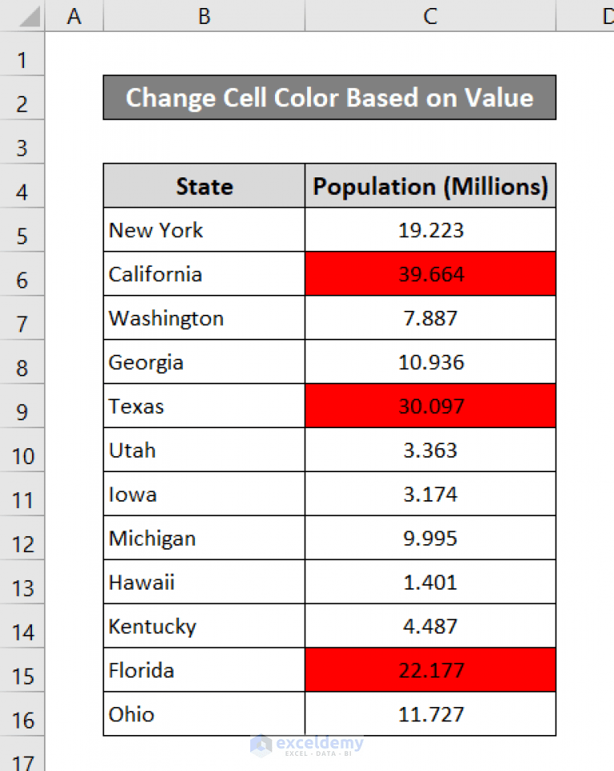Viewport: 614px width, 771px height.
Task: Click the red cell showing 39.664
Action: pyautogui.click(x=430, y=274)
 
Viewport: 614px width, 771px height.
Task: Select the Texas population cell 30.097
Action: pyautogui.click(x=430, y=406)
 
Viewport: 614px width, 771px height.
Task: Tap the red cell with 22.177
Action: pyautogui.click(x=430, y=670)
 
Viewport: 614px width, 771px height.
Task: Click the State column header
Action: pyautogui.click(x=204, y=186)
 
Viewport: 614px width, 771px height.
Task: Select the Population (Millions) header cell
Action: pyautogui.click(x=430, y=186)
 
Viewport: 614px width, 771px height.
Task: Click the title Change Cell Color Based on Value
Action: pyautogui.click(x=329, y=97)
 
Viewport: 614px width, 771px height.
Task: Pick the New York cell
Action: pyautogui.click(x=157, y=230)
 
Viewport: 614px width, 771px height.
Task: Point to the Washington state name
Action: pyautogui.click(x=166, y=318)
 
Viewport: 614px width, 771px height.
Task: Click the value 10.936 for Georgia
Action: pyautogui.click(x=430, y=362)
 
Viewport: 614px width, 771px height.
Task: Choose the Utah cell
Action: pyautogui.click(x=133, y=450)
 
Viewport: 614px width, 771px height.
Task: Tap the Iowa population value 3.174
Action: pyautogui.click(x=430, y=494)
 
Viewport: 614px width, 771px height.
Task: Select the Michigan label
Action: pyautogui.click(x=152, y=538)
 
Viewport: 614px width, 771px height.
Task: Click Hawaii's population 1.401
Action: pyautogui.click(x=430, y=582)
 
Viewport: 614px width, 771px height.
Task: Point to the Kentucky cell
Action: pyautogui.click(x=153, y=626)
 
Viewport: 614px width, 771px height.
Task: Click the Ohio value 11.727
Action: pyautogui.click(x=430, y=713)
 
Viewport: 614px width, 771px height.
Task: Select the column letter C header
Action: pyautogui.click(x=430, y=16)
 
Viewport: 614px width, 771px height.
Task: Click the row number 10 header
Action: pyautogui.click(x=22, y=455)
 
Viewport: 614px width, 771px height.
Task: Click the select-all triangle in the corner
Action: pyautogui.click(x=29, y=18)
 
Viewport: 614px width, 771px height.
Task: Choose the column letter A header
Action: pyautogui.click(x=74, y=16)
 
